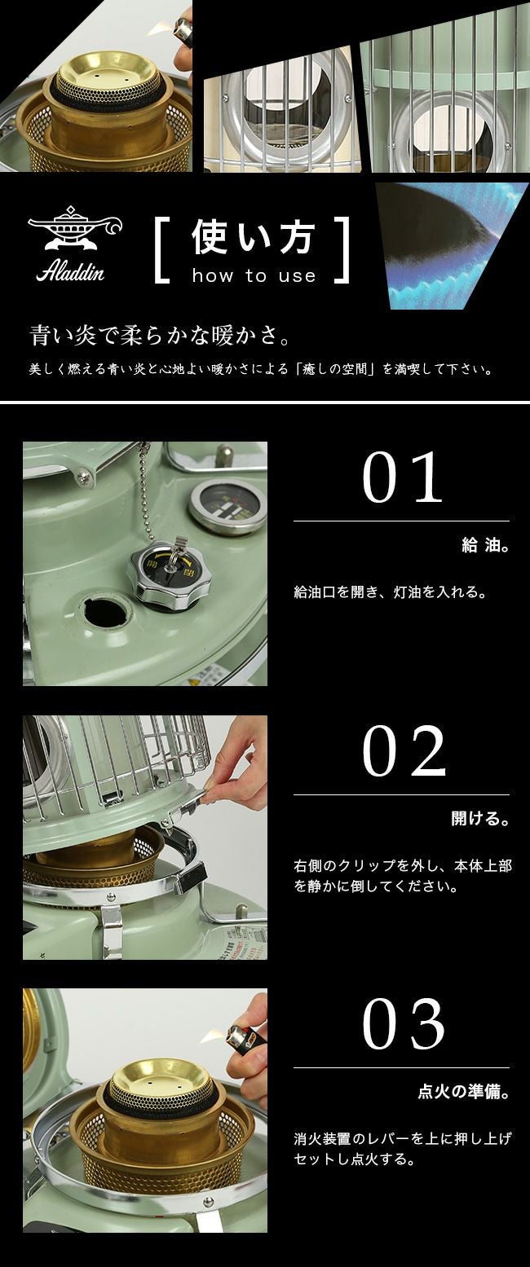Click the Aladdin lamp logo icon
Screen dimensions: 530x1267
click(75, 227)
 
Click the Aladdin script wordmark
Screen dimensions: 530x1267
click(70, 272)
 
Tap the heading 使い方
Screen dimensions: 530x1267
click(253, 238)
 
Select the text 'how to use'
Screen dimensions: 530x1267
click(254, 276)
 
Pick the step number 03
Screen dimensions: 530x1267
click(403, 1023)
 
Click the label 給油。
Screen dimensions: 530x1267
click(485, 545)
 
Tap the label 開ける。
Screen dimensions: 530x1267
click(480, 819)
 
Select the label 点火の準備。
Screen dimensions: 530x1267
click(464, 1092)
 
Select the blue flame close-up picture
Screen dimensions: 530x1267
click(452, 245)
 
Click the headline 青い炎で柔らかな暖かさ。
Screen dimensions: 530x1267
click(161, 336)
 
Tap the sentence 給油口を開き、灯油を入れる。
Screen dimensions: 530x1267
click(391, 592)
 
